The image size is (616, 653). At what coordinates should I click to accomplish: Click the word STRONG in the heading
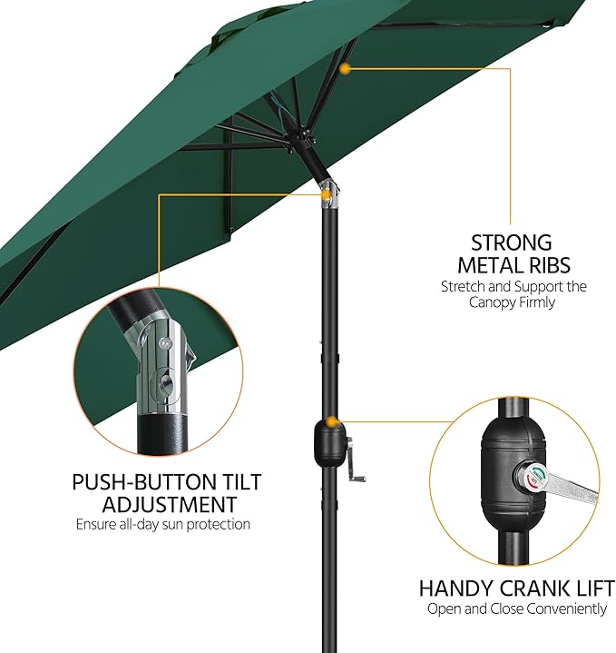click(x=511, y=242)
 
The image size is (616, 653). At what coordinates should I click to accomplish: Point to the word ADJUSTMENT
click(x=170, y=505)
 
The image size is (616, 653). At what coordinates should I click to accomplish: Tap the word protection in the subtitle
click(x=219, y=524)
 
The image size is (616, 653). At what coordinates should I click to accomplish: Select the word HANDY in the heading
click(x=456, y=589)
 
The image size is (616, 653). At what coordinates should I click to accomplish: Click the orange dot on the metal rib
click(x=345, y=69)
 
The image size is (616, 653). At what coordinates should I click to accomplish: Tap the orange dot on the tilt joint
click(x=327, y=194)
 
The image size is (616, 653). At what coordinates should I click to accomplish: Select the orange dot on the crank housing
click(x=331, y=422)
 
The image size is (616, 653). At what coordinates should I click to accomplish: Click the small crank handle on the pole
click(x=355, y=460)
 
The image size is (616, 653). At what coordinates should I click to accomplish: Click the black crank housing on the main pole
click(x=329, y=443)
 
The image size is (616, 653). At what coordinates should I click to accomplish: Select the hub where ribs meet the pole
click(x=301, y=143)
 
